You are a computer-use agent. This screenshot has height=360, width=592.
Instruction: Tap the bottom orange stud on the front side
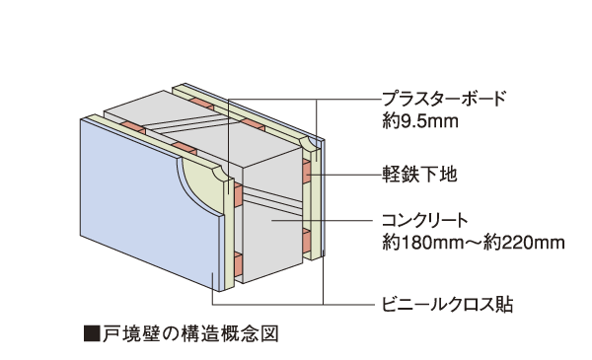point(239,263)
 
